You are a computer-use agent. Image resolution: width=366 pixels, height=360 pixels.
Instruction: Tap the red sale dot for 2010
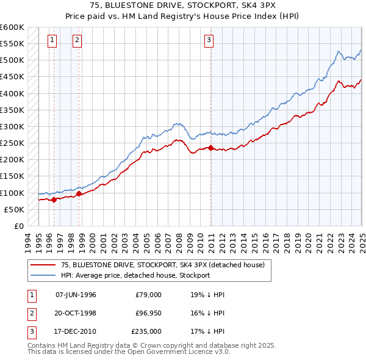click(210, 148)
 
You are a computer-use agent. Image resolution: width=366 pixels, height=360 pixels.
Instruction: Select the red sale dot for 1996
click(54, 200)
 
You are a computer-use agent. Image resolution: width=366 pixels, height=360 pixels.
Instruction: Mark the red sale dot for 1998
click(79, 193)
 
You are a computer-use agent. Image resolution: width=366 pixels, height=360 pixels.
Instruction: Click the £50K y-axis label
click(14, 209)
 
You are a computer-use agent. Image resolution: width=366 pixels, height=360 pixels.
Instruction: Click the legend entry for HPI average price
click(135, 275)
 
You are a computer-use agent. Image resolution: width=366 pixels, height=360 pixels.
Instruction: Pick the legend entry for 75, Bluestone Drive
click(162, 265)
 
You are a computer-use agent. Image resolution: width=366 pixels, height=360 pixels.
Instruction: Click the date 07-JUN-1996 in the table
click(76, 295)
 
